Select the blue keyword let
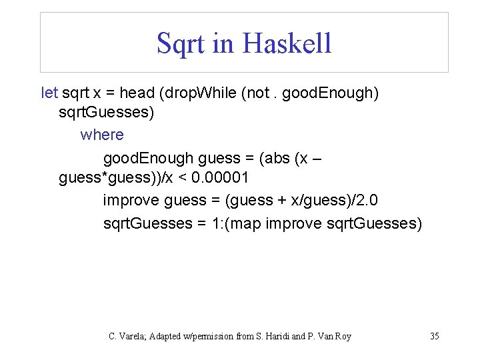point(49,93)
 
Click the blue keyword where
point(102,135)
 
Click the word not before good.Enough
point(259,93)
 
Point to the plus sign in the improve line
point(279,200)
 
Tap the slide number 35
point(435,336)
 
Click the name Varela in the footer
point(133,336)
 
